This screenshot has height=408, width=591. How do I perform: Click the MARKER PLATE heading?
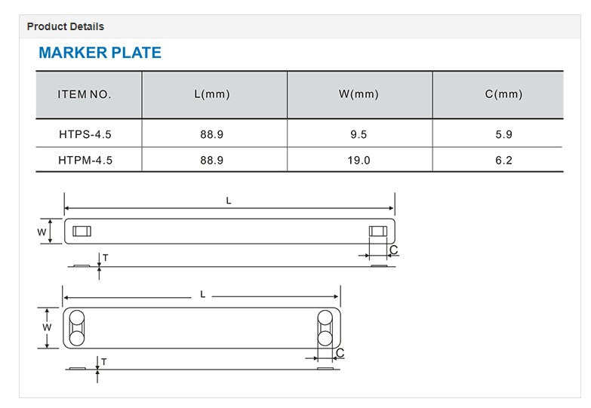click(100, 52)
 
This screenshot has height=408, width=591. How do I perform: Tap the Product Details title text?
click(66, 26)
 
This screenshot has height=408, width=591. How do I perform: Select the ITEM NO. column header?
click(85, 94)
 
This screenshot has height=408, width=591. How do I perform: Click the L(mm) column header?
click(212, 94)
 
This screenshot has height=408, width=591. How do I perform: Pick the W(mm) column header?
click(359, 94)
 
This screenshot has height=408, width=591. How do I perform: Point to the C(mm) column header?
click(503, 94)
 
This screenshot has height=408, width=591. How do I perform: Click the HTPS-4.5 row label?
click(85, 134)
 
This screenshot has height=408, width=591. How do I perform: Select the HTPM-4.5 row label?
click(85, 161)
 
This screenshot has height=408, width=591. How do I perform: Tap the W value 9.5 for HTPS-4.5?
click(359, 134)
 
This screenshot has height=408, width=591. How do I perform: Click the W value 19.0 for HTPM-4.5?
click(359, 161)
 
